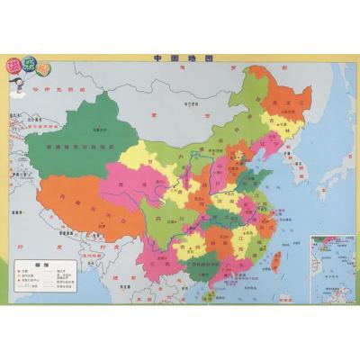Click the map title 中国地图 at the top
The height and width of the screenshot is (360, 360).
(x=180, y=60)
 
